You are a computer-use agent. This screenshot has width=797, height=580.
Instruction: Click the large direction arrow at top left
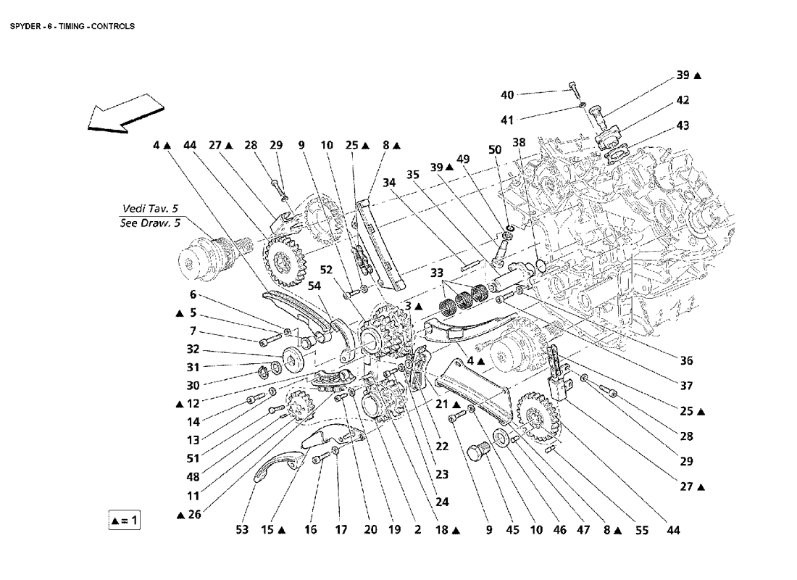click(125, 114)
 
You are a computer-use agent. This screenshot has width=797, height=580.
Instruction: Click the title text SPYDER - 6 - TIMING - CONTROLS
click(72, 26)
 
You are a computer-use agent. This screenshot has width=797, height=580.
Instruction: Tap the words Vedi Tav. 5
click(150, 209)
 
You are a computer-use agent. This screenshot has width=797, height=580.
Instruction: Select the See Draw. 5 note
click(150, 223)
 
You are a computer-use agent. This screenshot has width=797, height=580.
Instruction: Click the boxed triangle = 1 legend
click(124, 521)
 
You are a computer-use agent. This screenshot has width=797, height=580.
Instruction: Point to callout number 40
click(507, 95)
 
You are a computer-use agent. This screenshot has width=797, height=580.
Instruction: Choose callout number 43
click(683, 125)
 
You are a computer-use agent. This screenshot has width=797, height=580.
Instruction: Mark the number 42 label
click(683, 100)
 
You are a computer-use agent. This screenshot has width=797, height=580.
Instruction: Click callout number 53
click(243, 530)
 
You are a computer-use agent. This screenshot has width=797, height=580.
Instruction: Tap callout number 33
click(437, 273)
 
